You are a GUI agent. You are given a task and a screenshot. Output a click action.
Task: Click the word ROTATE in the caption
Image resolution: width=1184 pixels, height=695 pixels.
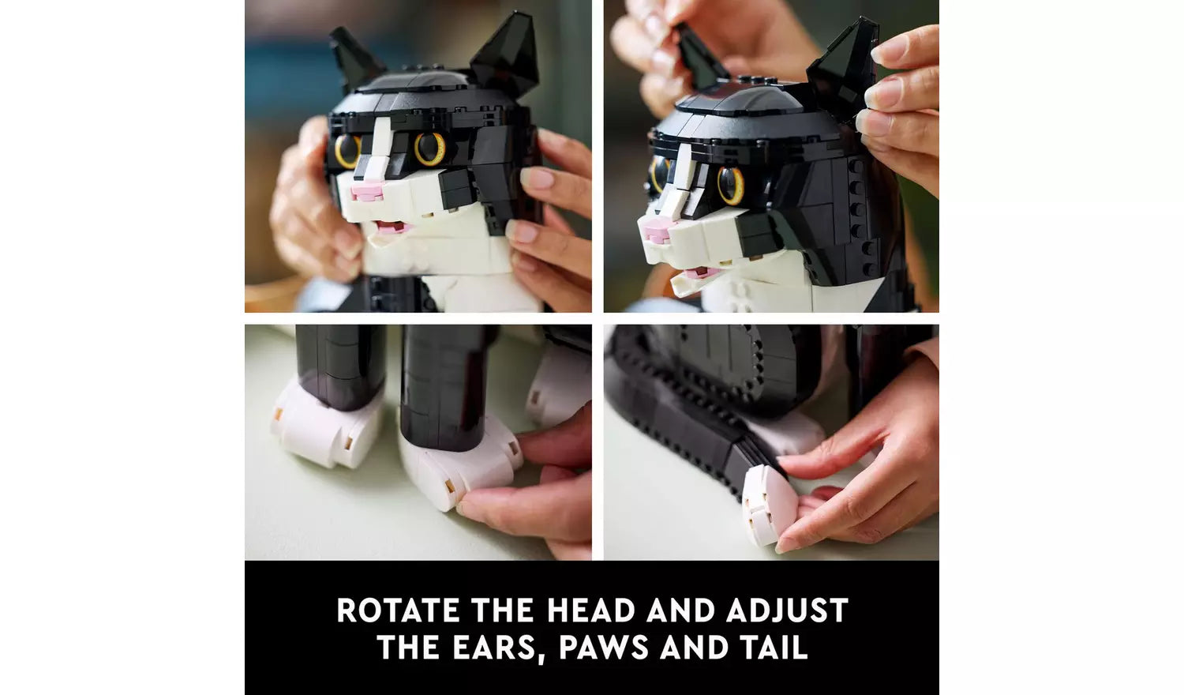coord(399,610)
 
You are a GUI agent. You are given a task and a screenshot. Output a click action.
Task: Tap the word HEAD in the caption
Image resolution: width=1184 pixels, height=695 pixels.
coord(590,610)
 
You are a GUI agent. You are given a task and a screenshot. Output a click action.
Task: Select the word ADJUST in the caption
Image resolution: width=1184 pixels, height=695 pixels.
coord(787,610)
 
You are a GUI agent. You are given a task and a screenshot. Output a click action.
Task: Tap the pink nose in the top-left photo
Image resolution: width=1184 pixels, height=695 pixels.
coord(368,190)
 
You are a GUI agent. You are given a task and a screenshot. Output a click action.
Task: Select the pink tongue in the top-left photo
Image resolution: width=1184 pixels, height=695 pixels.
coord(392,227)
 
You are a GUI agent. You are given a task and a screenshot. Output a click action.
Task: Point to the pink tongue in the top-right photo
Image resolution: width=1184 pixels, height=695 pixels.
coord(697,273)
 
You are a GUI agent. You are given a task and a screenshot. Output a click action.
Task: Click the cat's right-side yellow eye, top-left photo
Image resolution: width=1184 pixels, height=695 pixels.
coord(430,148)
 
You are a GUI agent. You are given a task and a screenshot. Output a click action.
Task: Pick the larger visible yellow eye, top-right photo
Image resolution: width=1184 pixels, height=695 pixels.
coord(731,185)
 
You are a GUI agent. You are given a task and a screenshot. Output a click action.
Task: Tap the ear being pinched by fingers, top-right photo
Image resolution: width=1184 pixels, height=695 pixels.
coord(841,66)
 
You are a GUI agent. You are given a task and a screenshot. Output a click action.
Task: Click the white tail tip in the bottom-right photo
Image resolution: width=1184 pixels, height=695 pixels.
coord(769,505)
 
